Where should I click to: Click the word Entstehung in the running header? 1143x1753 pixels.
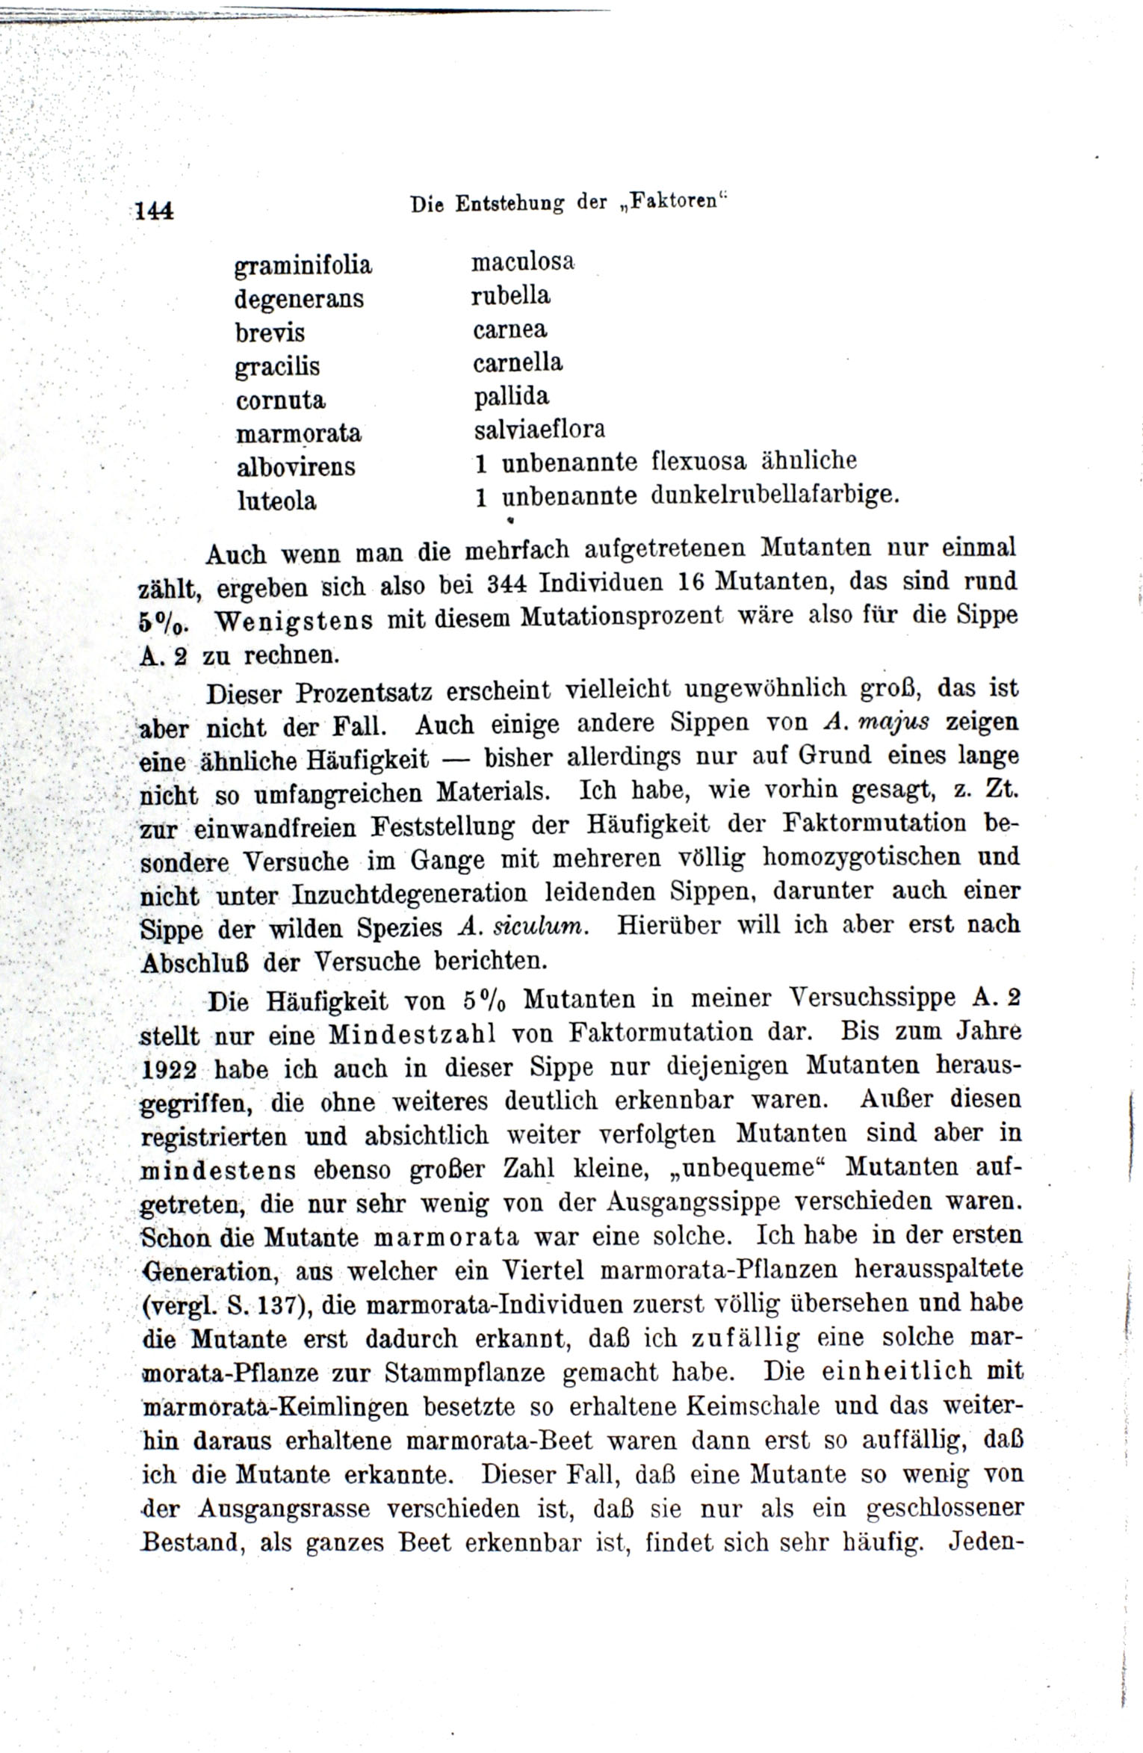pyautogui.click(x=509, y=204)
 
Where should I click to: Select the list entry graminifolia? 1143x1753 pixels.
pyautogui.click(x=303, y=266)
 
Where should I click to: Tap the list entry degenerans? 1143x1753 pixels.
pyautogui.click(x=299, y=299)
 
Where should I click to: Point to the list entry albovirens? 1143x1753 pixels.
pyautogui.click(x=296, y=467)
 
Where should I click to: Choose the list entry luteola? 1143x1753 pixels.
pyautogui.click(x=276, y=501)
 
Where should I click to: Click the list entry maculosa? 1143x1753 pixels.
pyautogui.click(x=522, y=262)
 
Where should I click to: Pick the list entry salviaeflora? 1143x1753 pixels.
pyautogui.click(x=539, y=429)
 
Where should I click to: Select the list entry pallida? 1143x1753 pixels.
pyautogui.click(x=512, y=395)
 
